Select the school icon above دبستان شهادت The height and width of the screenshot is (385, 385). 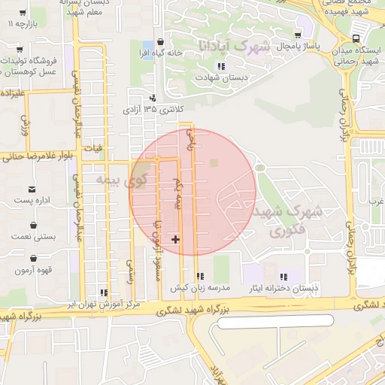(x=220, y=67)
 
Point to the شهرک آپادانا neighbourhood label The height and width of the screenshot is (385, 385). (x=234, y=47)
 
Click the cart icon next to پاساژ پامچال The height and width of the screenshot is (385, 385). (x=298, y=35)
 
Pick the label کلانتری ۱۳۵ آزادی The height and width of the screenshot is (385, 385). (x=153, y=110)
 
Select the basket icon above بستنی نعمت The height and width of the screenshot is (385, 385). (x=33, y=225)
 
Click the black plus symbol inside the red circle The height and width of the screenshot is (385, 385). (x=176, y=239)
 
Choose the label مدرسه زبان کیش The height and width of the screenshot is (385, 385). (x=199, y=288)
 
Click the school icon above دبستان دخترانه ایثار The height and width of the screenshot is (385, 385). (x=283, y=277)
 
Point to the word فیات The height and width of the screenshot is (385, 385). (x=94, y=149)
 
